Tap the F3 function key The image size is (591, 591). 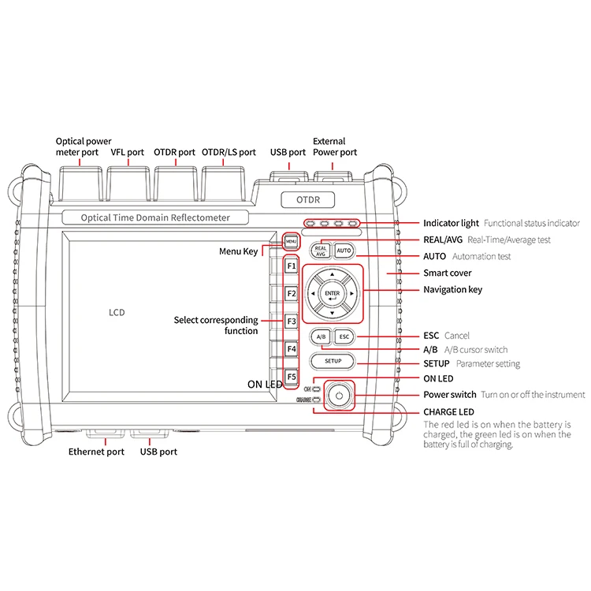click(291, 322)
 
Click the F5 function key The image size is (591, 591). click(291, 377)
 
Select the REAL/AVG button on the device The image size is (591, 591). click(321, 251)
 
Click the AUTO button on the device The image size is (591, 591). click(344, 251)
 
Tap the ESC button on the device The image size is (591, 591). click(344, 336)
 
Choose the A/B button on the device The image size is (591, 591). click(321, 336)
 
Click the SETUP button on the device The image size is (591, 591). click(332, 362)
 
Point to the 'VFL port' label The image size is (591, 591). click(127, 152)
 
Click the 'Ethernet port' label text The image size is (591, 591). click(96, 452)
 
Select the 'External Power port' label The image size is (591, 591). click(335, 147)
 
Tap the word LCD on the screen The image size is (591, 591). click(117, 313)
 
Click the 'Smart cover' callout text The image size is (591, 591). click(448, 273)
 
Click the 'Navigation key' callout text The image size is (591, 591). click(453, 290)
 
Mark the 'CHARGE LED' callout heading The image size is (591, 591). click(449, 412)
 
